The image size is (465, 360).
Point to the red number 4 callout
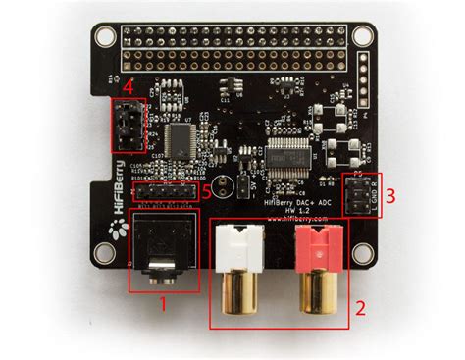pyautogui.click(x=129, y=86)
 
